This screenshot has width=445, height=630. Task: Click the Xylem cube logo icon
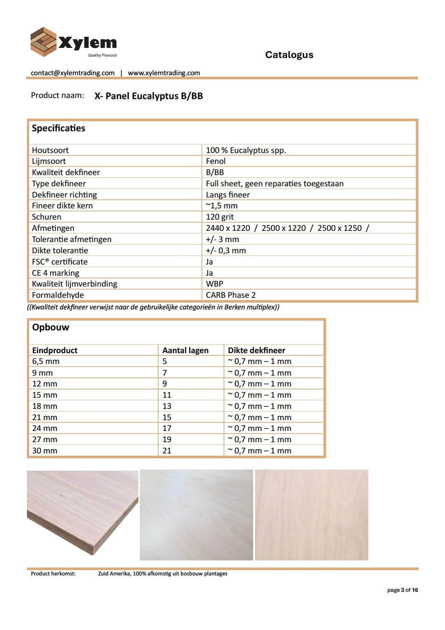point(43,42)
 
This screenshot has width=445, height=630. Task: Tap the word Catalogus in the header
point(289,55)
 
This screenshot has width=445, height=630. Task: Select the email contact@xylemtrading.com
point(73,73)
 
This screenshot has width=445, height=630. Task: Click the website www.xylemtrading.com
point(164,73)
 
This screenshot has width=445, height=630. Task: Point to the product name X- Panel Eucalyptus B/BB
point(148,96)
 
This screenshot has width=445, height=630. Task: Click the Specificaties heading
point(58,128)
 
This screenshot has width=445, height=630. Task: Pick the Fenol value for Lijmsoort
point(216,161)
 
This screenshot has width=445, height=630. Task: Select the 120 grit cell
point(220,217)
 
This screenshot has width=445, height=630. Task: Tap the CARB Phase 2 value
point(231,295)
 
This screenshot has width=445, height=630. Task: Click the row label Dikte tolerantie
point(60,251)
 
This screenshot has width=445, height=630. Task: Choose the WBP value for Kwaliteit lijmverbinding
point(215,284)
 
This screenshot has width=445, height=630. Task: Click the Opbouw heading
point(50,327)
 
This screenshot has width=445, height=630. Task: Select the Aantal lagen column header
point(185,351)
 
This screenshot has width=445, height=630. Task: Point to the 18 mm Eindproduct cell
point(44,406)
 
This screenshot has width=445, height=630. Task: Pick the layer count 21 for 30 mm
point(167,451)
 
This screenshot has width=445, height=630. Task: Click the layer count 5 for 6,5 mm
point(165,361)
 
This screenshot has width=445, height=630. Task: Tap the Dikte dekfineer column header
point(257,351)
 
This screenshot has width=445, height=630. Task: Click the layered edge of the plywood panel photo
point(112,539)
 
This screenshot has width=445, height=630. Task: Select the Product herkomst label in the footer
point(53,574)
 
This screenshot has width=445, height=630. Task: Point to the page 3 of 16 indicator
point(402,590)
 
